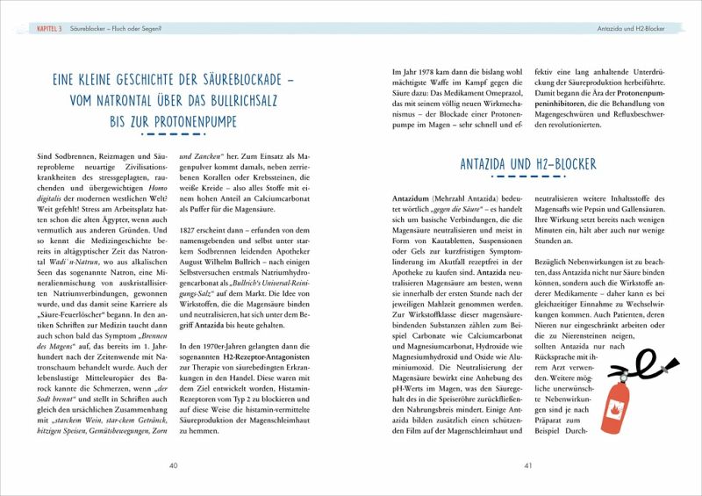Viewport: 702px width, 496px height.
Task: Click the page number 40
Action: point(174,465)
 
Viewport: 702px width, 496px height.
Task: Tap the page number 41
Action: point(527,465)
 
